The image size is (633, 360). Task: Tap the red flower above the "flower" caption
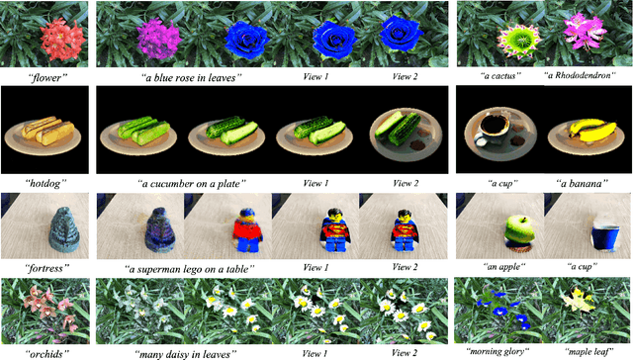tap(49, 38)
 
